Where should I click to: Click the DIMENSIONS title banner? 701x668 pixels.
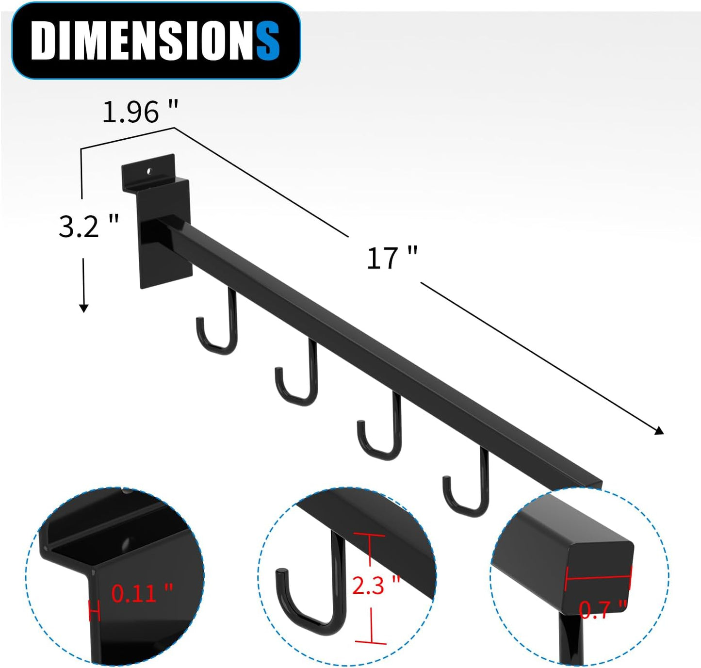coord(155,41)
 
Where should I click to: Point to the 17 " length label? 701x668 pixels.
coord(391,258)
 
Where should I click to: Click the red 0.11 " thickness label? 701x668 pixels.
coord(142,593)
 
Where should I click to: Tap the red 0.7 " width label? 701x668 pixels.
coord(603,609)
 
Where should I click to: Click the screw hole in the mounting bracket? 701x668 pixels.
coord(150,171)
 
